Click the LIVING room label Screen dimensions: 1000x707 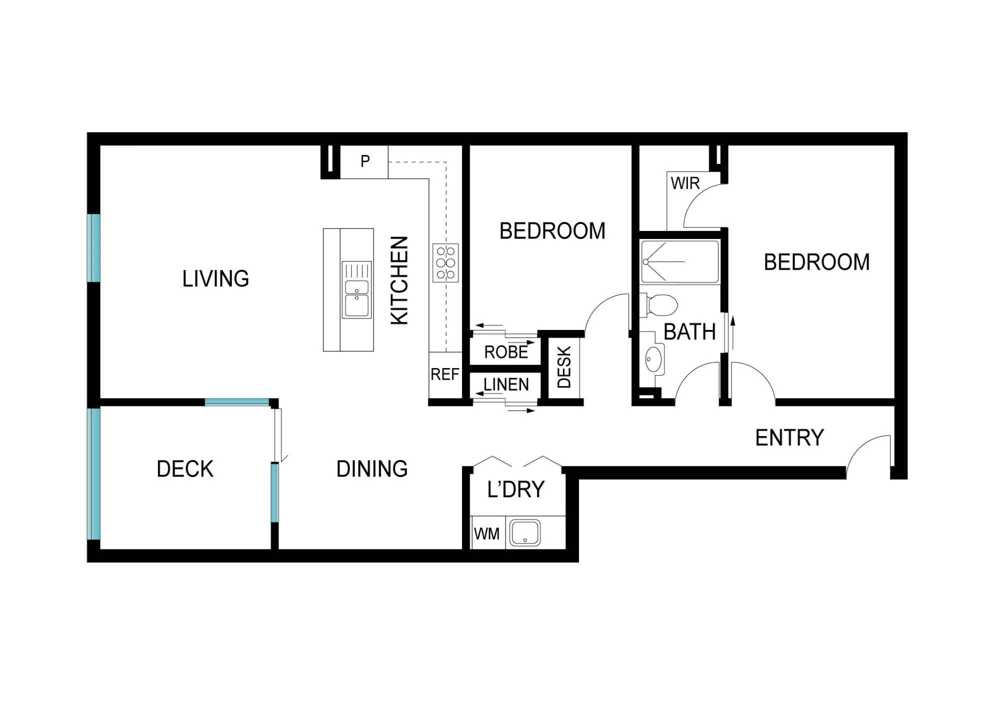tap(215, 278)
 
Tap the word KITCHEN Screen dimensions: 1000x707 tap(399, 280)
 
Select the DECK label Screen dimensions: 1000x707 tap(185, 469)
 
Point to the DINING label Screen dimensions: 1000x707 tap(372, 469)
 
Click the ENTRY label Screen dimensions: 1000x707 tap(789, 437)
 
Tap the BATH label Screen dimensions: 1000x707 tap(689, 332)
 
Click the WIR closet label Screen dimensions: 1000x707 tap(685, 183)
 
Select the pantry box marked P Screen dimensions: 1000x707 tap(364, 162)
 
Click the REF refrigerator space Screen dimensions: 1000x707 tap(445, 375)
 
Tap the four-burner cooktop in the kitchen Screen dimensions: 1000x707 tap(445, 263)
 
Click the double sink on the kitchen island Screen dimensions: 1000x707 tap(356, 289)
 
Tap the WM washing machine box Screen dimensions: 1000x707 tap(487, 533)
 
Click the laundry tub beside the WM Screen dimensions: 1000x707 tap(525, 533)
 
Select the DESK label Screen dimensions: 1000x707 tap(564, 367)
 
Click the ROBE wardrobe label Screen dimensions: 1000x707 tap(506, 352)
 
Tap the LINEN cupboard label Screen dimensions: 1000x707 tap(506, 384)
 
